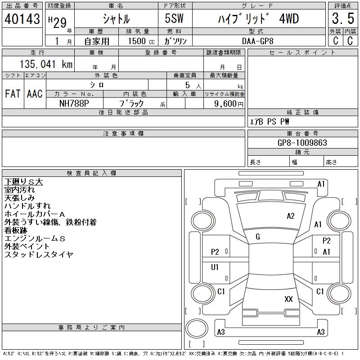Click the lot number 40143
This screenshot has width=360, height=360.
(22, 19)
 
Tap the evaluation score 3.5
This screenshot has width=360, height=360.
(342, 19)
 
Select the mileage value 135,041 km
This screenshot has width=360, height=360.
(46, 64)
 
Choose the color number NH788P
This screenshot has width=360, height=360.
(75, 103)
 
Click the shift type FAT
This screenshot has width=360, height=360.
(13, 94)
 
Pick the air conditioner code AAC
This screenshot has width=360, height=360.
(35, 94)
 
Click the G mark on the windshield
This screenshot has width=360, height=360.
(258, 237)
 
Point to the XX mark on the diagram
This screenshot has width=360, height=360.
(288, 299)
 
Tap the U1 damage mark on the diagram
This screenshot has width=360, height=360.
(215, 267)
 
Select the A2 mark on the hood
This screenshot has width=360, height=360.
(291, 216)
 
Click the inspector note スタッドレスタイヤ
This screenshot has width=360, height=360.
(39, 255)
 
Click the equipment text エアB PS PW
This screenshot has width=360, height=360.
(270, 121)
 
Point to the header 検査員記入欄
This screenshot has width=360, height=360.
(92, 173)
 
